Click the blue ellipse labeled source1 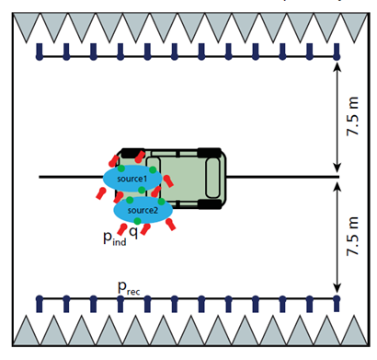[x=132, y=179]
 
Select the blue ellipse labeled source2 [x=143, y=210]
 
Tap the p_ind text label [x=115, y=238]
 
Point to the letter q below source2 [x=133, y=233]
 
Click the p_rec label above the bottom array [x=129, y=288]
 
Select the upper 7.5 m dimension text [x=352, y=116]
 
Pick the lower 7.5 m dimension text [x=352, y=236]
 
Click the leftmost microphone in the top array [x=40, y=52]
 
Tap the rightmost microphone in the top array [x=337, y=52]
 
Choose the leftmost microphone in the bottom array [x=40, y=304]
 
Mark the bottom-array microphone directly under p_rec [x=120, y=304]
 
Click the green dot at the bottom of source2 [x=137, y=221]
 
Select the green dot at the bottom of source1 [x=142, y=190]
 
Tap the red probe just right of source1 [x=168, y=180]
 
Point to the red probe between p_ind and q [x=122, y=229]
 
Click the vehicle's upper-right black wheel [x=210, y=153]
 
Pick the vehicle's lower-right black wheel [x=210, y=204]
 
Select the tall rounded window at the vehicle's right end [x=212, y=178]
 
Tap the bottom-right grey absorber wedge [x=355, y=331]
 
